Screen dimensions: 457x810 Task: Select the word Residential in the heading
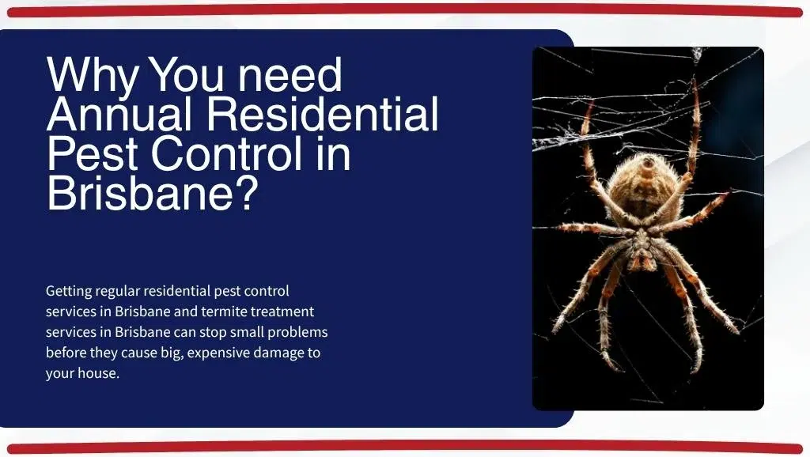pos(323,115)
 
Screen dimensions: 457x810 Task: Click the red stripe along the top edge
pos(405,10)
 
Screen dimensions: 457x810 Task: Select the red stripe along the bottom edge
pos(405,448)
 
